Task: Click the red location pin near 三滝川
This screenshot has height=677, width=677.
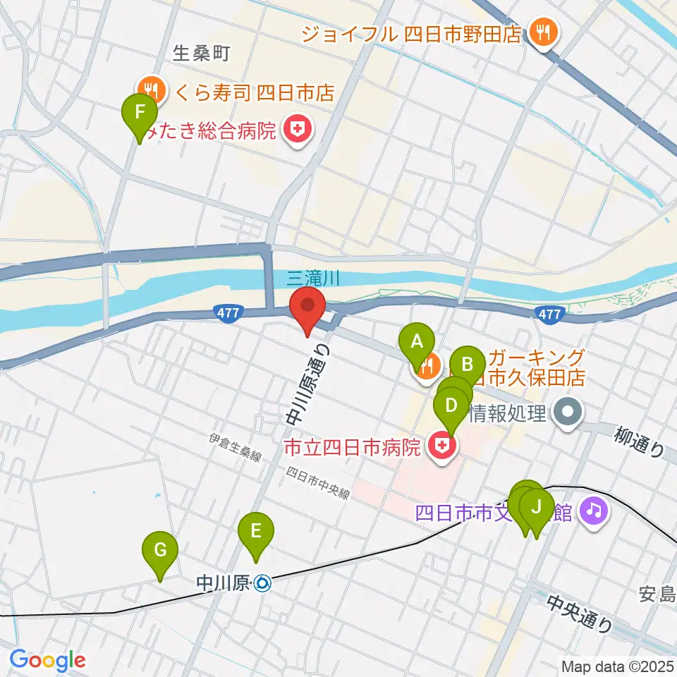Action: (x=308, y=308)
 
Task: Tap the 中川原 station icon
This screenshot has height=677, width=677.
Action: (x=262, y=583)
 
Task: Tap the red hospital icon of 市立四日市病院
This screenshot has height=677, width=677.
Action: (x=443, y=446)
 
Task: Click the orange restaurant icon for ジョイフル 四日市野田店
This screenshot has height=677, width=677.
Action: (x=544, y=32)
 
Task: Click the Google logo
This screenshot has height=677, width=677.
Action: (x=47, y=661)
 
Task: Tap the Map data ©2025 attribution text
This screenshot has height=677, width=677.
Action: (x=618, y=666)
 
